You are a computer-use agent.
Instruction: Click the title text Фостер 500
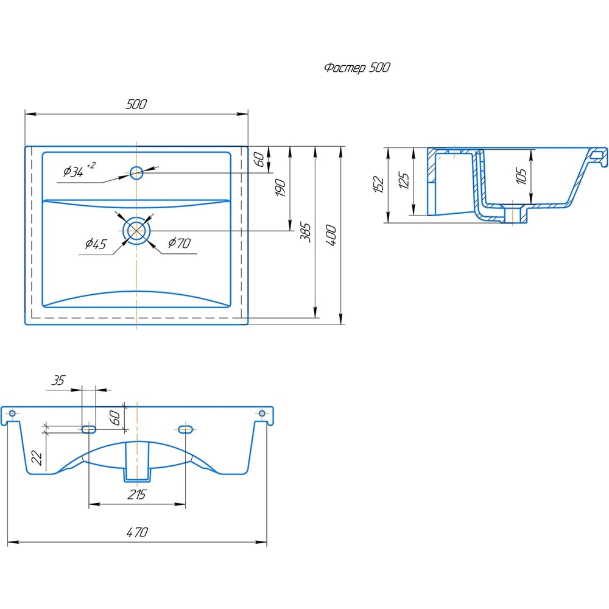pyautogui.click(x=357, y=68)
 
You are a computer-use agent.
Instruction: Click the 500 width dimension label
pyautogui.click(x=136, y=104)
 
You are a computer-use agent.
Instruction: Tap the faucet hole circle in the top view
pyautogui.click(x=136, y=173)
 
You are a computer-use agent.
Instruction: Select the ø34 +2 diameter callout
pyautogui.click(x=79, y=170)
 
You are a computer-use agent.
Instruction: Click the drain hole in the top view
pyautogui.click(x=136, y=231)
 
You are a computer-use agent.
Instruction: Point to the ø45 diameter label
pyautogui.click(x=96, y=244)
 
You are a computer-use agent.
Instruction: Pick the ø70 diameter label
pyautogui.click(x=179, y=243)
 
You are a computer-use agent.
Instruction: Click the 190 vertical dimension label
pyautogui.click(x=280, y=188)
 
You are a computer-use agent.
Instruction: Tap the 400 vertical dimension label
pyautogui.click(x=331, y=235)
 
